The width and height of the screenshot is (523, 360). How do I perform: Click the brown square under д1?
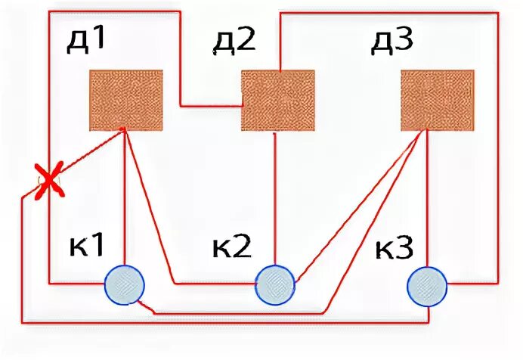[126, 100]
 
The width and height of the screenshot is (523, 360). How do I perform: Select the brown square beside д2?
[278, 100]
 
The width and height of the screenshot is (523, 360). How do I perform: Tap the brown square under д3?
[437, 100]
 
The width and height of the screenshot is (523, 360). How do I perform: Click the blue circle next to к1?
[123, 285]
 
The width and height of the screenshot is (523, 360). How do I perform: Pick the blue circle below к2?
[275, 284]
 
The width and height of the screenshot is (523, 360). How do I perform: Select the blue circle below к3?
[427, 285]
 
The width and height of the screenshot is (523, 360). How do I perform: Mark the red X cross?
[49, 182]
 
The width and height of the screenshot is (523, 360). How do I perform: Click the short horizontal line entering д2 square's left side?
[212, 105]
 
